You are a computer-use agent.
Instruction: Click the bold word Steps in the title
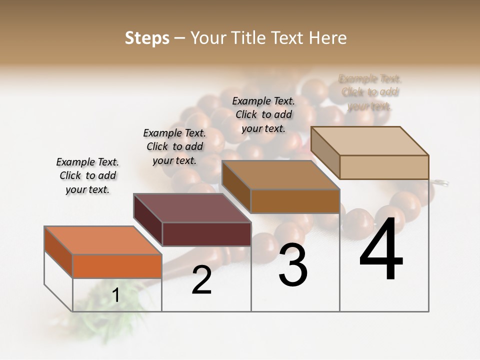point(147,38)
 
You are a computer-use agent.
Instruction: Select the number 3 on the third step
point(293,265)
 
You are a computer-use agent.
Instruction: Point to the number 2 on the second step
point(201,280)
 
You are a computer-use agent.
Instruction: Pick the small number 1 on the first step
point(116,295)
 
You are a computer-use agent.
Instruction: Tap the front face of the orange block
point(117,266)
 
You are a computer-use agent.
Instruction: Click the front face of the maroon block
point(206,234)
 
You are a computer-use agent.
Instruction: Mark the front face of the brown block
point(295,201)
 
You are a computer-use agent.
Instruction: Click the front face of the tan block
point(384,167)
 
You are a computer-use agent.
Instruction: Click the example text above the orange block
point(87,175)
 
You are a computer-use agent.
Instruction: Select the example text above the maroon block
point(174,146)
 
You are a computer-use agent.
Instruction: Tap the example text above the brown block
point(263,114)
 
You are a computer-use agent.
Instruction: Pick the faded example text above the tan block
point(370,92)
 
